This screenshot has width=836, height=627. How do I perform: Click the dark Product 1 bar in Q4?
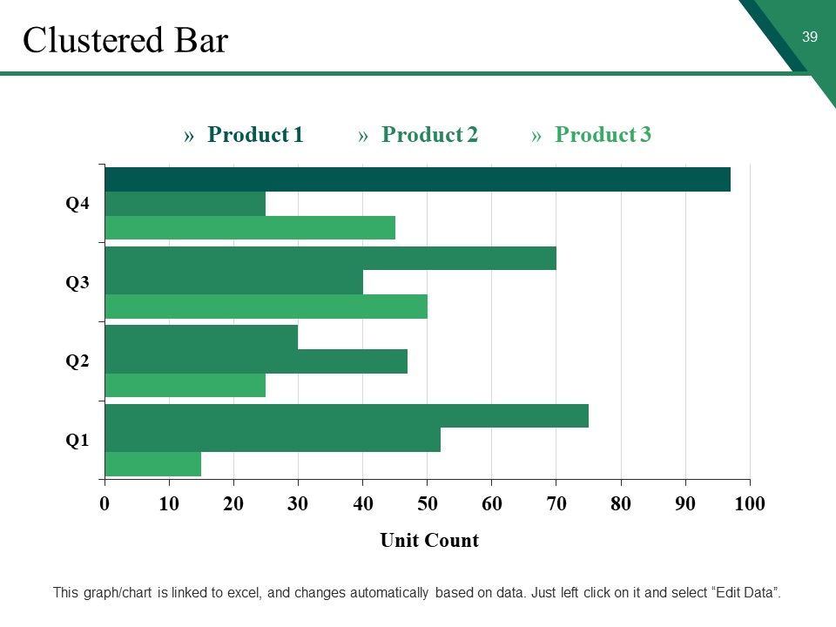417,179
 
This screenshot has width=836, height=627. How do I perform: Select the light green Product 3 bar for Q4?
250,227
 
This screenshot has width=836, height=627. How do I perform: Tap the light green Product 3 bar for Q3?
266,307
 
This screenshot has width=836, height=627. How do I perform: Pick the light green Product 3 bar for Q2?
185,385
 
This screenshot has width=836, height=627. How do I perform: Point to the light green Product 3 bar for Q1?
153,464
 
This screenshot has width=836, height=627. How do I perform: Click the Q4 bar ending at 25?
185,204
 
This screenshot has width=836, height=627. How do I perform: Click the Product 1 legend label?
255,134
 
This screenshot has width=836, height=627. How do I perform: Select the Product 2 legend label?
429,134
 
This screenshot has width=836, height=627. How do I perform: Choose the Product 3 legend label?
603,134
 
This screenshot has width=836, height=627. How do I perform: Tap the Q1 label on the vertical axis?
78,441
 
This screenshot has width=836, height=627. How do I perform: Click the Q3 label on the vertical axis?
78,282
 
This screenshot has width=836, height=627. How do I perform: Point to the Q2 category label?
78,361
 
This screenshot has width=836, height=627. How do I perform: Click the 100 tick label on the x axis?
750,503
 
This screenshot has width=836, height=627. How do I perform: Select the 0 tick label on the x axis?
104,503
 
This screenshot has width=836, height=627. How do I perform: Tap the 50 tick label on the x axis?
427,503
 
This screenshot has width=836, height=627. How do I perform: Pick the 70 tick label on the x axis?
556,503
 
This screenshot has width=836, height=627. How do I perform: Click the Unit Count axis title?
429,540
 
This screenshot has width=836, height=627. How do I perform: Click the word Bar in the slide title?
201,40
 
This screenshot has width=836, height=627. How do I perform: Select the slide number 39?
810,37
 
